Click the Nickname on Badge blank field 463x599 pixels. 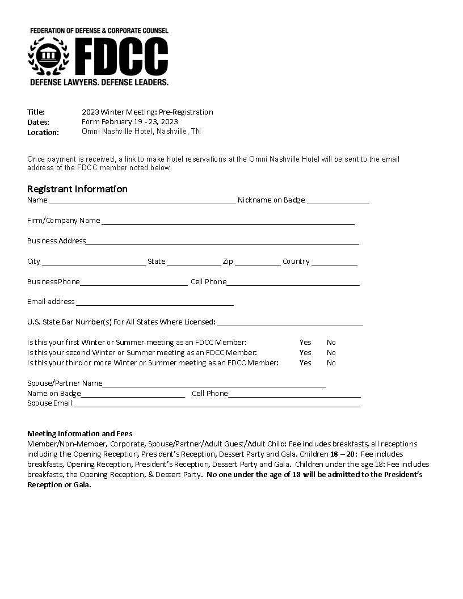tap(338, 201)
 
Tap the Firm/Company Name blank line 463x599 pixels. tap(227, 221)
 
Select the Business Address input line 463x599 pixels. tap(222, 242)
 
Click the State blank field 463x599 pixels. tap(193, 262)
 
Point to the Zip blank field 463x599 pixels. tap(258, 262)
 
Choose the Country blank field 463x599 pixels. tap(334, 262)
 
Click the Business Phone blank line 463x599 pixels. tap(133, 282)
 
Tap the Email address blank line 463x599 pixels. tap(155, 302)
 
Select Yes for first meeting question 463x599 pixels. tap(305, 343)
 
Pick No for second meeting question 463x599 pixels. tap(331, 353)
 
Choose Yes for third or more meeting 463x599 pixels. tap(305, 363)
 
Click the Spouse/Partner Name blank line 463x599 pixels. tap(214, 384)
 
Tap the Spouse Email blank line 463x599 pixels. tap(217, 404)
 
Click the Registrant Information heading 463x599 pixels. tap(77, 189)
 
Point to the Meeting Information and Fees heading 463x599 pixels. tap(80, 434)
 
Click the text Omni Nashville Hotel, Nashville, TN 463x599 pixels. tap(141, 132)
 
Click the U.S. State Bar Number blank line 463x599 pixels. tap(289, 323)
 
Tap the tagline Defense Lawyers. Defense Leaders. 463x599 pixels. tap(99, 82)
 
